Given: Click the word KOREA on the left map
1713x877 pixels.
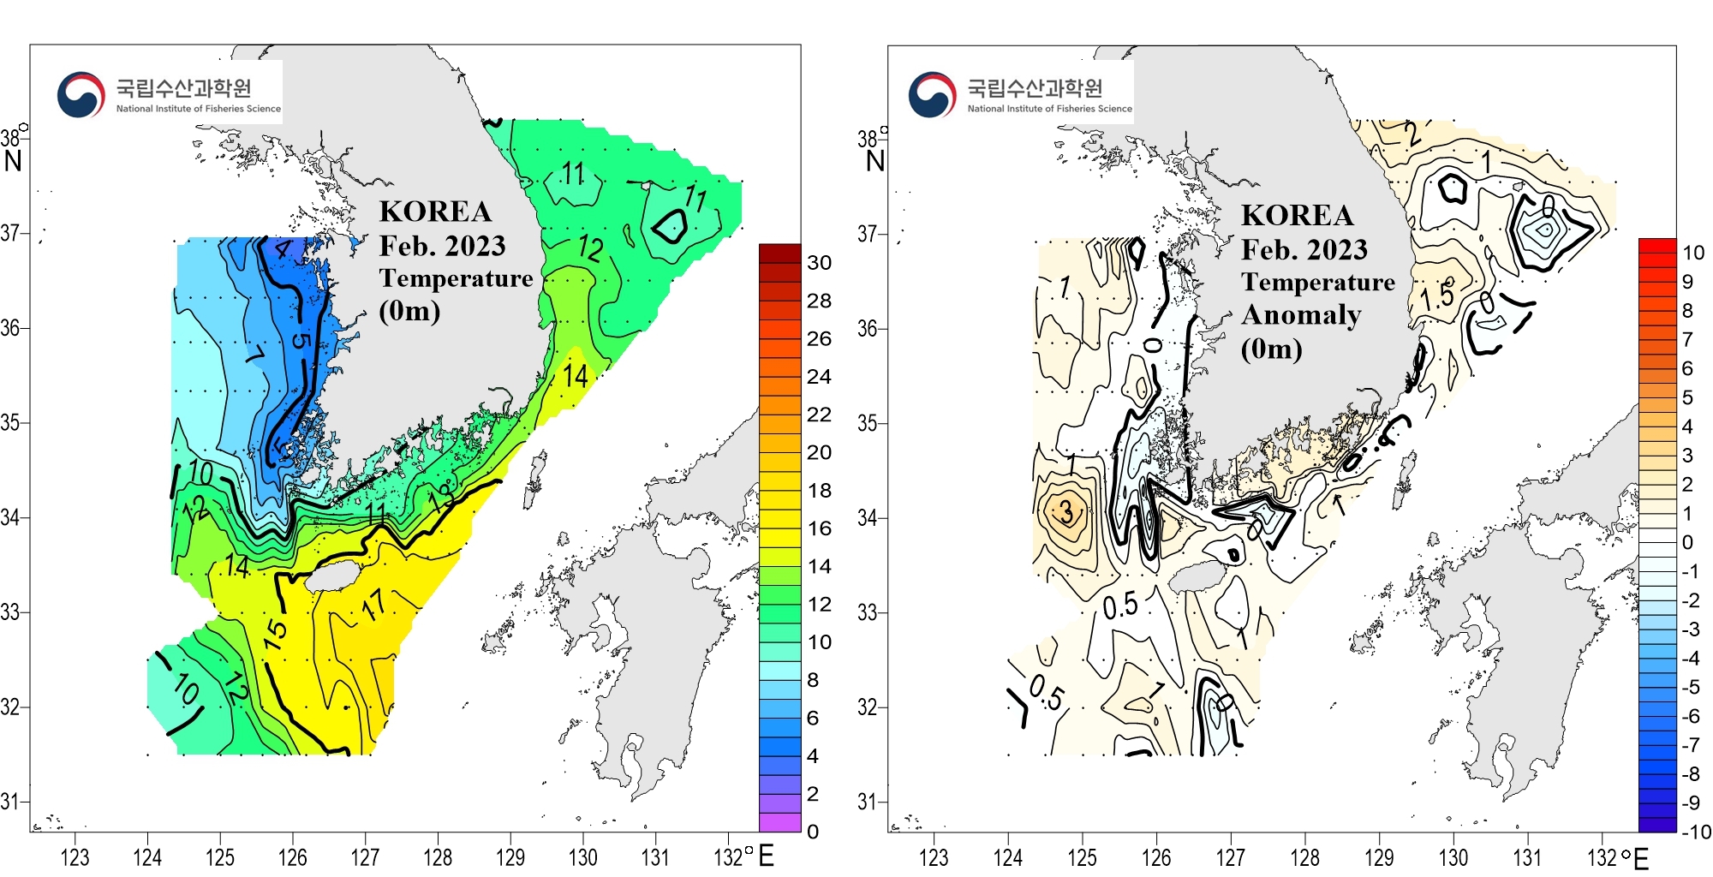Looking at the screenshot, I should [x=435, y=212].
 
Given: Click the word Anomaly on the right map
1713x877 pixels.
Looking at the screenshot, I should [x=1301, y=315].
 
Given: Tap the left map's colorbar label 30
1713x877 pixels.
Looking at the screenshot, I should [x=819, y=263].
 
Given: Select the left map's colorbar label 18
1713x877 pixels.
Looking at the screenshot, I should [x=819, y=491].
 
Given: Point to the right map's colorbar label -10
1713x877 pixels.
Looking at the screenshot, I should [x=1694, y=832].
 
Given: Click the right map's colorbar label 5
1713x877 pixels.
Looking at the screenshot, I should [x=1687, y=397].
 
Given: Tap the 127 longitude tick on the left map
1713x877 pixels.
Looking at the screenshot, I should [x=365, y=857].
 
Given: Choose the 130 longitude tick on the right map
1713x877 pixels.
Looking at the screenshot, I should [x=1453, y=857].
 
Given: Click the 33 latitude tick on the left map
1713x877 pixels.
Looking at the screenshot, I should [x=10, y=612].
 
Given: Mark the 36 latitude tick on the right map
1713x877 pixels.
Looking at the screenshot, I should [x=868, y=328].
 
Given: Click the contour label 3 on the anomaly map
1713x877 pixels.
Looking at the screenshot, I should [x=1066, y=512].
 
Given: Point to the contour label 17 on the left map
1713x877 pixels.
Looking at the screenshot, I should [x=373, y=605].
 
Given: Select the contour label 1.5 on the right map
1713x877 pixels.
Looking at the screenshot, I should [x=1437, y=296].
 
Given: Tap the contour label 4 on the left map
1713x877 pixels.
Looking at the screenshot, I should [x=283, y=250].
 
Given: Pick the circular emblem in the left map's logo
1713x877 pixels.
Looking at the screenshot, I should [x=81, y=94].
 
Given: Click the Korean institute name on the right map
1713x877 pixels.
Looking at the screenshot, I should [x=1035, y=87].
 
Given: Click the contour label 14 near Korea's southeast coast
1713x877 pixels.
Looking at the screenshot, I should [x=576, y=375].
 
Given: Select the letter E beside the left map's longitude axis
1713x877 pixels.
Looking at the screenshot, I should [x=766, y=856].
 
